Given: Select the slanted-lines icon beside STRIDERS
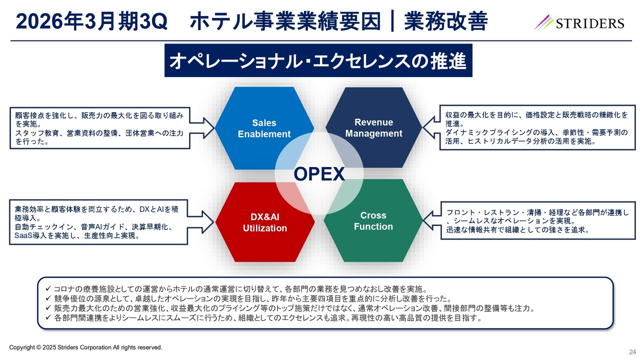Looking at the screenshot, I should tap(543, 22).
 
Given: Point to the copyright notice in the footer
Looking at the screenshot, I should tap(86, 347).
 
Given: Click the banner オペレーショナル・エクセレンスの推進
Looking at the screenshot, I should tap(318, 61).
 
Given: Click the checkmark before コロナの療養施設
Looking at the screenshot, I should tap(48, 289).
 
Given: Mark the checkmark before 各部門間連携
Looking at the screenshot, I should tap(48, 317).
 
